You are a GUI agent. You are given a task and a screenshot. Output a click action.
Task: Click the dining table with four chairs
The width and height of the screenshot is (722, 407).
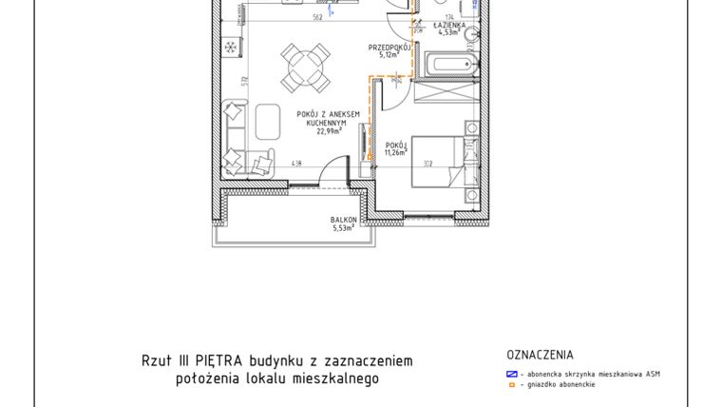tap(297, 67)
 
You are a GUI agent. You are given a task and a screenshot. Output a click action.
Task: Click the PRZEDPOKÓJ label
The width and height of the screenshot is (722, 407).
tap(388, 47)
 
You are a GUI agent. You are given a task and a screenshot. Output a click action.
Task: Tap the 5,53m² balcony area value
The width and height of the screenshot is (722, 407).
tap(344, 228)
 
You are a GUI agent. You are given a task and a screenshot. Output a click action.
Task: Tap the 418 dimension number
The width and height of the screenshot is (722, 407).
tap(271, 163)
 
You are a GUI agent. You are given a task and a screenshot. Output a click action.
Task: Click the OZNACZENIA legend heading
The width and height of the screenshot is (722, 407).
tap(541, 356)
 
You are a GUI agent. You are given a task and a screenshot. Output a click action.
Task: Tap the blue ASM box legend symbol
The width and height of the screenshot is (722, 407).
tap(511, 374)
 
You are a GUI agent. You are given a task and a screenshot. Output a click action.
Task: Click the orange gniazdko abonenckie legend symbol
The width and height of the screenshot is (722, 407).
tap(511, 385)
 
